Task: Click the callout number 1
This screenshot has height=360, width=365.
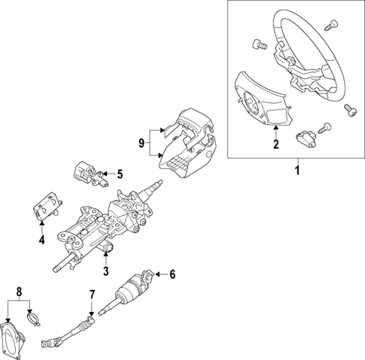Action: (x=297, y=172)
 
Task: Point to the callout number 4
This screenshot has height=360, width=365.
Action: (x=42, y=241)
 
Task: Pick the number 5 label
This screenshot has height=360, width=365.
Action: (x=119, y=174)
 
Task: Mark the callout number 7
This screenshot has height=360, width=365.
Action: (x=92, y=294)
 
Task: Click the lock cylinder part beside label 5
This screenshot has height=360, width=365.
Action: (x=87, y=172)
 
